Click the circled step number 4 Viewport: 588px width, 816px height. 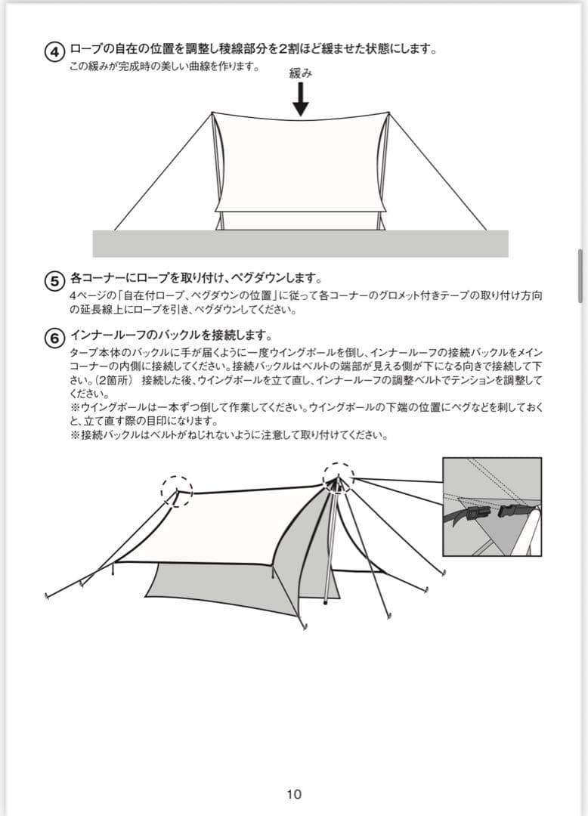click(x=55, y=51)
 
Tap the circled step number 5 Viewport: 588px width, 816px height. click(x=55, y=280)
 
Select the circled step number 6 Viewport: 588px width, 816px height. click(x=55, y=338)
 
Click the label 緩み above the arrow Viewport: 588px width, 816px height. click(x=300, y=73)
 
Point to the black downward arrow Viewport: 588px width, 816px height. click(x=300, y=100)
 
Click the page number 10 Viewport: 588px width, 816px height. click(x=294, y=794)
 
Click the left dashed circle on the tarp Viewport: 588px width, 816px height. click(x=177, y=491)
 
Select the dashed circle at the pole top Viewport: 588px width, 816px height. click(x=338, y=478)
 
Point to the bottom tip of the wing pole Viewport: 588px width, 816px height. click(x=325, y=602)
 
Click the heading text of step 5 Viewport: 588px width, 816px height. click(x=196, y=277)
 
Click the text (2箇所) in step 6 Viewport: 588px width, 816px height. click(x=115, y=380)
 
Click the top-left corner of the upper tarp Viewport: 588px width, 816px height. click(x=212, y=113)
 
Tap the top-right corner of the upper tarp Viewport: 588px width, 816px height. click(x=388, y=113)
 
